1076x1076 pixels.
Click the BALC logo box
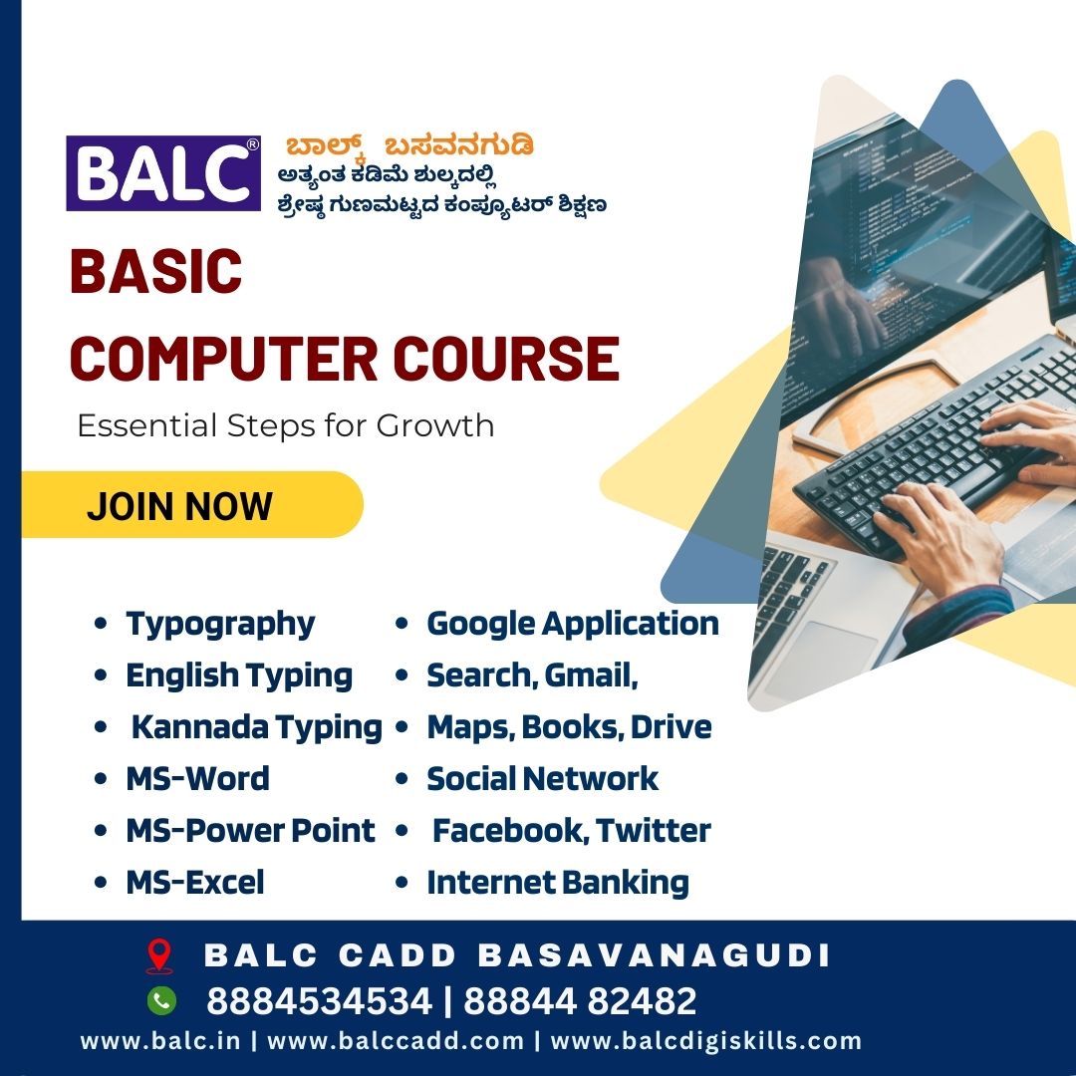tap(163, 173)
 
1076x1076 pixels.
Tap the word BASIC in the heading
tap(155, 271)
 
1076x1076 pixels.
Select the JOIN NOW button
tap(192, 505)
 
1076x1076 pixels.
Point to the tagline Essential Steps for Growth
tap(286, 425)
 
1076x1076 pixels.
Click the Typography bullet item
tap(220, 625)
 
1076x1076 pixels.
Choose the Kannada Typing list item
tap(257, 727)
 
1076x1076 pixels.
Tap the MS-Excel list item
tap(195, 882)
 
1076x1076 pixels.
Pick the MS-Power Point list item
tap(250, 830)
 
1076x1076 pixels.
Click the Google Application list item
tap(573, 625)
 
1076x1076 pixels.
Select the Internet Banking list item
tap(558, 883)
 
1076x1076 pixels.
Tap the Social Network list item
tap(542, 779)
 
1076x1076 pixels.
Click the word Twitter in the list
tap(654, 830)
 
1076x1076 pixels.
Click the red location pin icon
tap(159, 955)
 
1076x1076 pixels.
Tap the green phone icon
tap(161, 1000)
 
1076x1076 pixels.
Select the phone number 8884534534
tap(319, 1000)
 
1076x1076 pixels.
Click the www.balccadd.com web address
tap(396, 1041)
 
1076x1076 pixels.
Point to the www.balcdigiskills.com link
tap(706, 1041)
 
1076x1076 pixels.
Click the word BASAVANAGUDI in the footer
tap(654, 955)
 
